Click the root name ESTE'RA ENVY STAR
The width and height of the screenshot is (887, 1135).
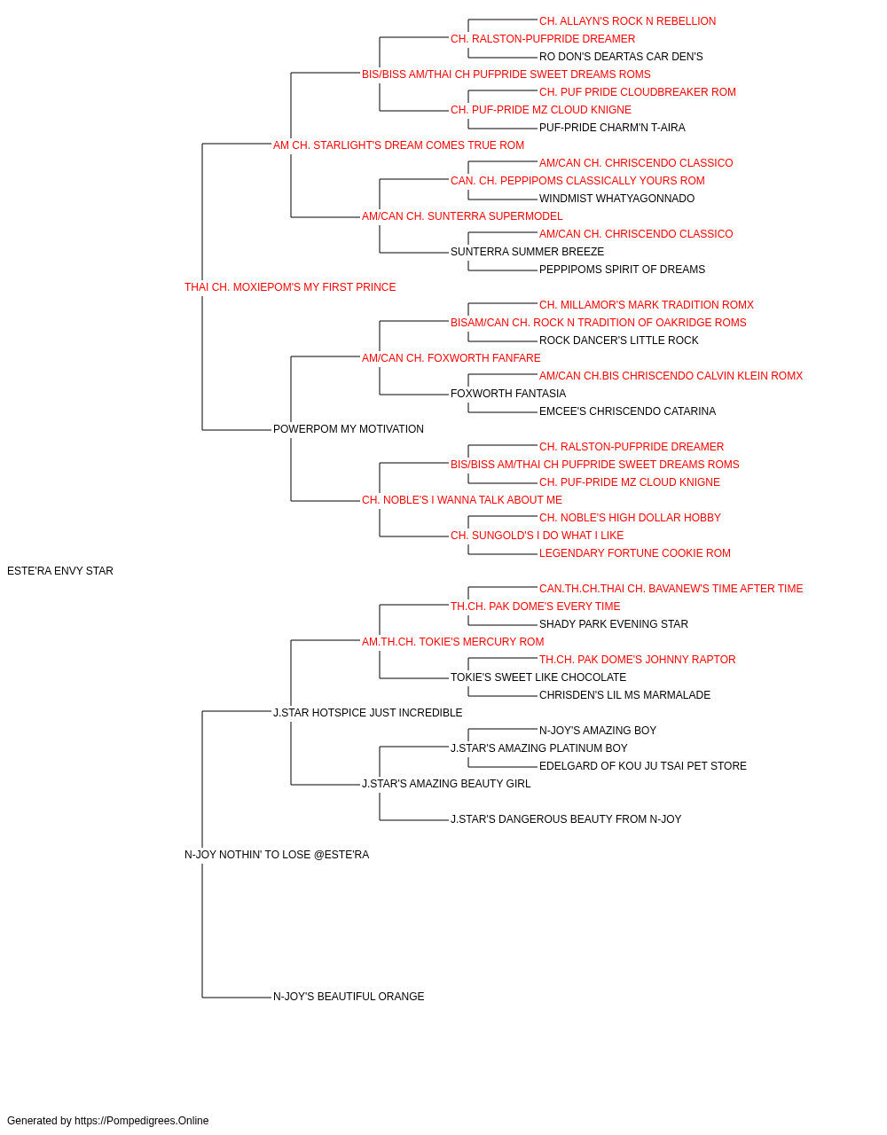tap(60, 571)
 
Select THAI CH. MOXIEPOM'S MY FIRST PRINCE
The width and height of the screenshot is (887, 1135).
tap(290, 287)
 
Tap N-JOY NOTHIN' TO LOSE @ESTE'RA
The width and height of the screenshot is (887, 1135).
tap(277, 855)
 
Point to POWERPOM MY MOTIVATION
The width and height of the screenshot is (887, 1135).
tap(349, 429)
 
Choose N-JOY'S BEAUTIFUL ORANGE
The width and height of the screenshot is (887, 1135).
tap(349, 997)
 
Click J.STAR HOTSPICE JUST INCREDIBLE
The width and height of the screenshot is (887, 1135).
tap(368, 713)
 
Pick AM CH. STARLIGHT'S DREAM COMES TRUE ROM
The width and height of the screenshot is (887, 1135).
tap(398, 145)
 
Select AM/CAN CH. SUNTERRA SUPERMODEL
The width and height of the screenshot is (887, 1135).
tap(462, 216)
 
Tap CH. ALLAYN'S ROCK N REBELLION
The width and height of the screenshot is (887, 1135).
tap(627, 21)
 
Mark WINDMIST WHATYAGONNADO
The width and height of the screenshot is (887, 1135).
tap(617, 199)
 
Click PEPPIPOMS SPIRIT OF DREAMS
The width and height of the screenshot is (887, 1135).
tap(622, 270)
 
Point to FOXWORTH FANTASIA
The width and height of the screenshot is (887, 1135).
tap(508, 394)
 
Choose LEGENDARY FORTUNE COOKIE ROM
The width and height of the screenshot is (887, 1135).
tap(635, 553)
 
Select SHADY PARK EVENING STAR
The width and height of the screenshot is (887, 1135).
tap(614, 624)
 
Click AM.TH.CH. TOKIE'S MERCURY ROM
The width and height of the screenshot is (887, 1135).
tap(453, 642)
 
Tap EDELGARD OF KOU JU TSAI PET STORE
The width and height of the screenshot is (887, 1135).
tap(643, 766)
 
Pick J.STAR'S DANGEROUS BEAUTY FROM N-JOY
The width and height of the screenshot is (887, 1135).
tap(566, 819)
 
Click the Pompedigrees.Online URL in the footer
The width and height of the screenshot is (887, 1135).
tap(142, 1121)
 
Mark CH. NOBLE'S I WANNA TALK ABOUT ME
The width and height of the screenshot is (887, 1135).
tap(462, 500)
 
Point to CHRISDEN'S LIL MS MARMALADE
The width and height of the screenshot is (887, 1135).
tap(624, 695)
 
